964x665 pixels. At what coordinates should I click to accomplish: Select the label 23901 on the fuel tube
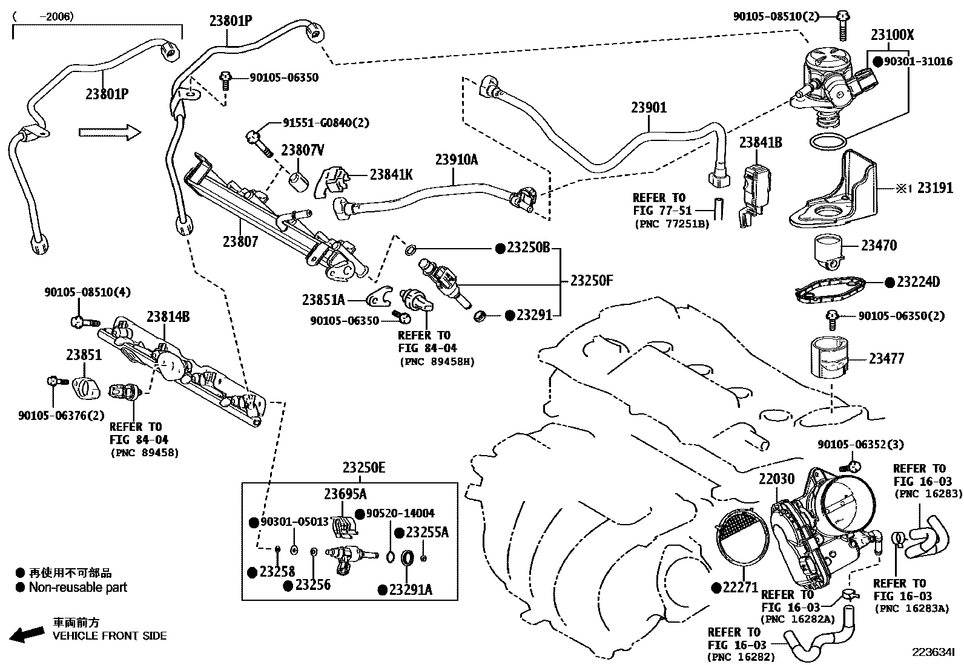pyautogui.click(x=649, y=108)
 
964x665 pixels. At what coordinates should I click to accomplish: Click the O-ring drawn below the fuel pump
pyautogui.click(x=828, y=143)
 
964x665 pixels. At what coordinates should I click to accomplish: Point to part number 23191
pyautogui.click(x=935, y=188)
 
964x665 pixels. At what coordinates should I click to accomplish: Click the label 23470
pyautogui.click(x=879, y=245)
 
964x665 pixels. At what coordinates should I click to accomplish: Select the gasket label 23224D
pyautogui.click(x=918, y=282)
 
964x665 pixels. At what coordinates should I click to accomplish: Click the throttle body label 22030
pyautogui.click(x=776, y=479)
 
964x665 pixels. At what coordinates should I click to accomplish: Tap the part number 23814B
pyautogui.click(x=168, y=316)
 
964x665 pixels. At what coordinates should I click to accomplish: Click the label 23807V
pyautogui.click(x=302, y=150)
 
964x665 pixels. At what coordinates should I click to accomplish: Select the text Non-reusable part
pyautogui.click(x=78, y=587)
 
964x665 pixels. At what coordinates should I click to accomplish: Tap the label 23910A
pyautogui.click(x=456, y=160)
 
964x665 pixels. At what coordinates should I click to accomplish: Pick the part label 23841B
pyautogui.click(x=760, y=143)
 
